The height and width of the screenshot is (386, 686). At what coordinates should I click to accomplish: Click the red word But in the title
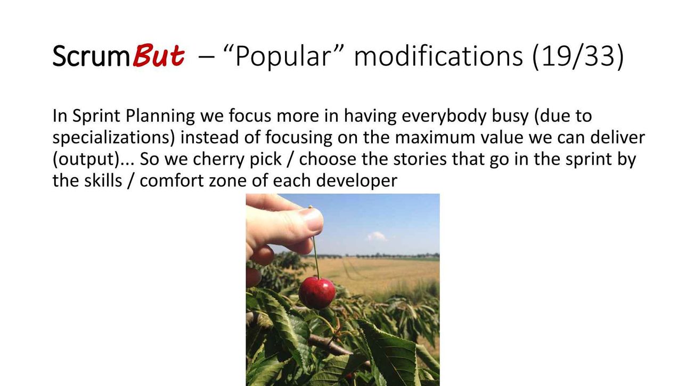[159, 55]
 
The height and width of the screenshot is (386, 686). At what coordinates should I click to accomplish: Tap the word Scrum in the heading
[91, 56]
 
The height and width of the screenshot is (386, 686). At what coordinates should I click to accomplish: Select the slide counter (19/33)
[578, 56]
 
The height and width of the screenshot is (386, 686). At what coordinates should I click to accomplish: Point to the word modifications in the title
[438, 56]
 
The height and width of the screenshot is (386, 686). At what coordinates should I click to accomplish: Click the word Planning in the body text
[160, 116]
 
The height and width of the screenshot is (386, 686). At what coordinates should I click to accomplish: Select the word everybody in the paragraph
[444, 116]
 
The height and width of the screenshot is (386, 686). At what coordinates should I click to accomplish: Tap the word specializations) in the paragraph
[113, 138]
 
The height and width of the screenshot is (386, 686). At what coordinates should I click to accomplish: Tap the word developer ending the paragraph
[356, 181]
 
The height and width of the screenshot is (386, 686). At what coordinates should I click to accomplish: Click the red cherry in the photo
[317, 293]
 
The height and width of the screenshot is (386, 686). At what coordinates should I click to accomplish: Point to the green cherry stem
[316, 257]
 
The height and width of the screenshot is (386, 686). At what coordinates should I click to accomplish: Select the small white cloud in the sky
[377, 236]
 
